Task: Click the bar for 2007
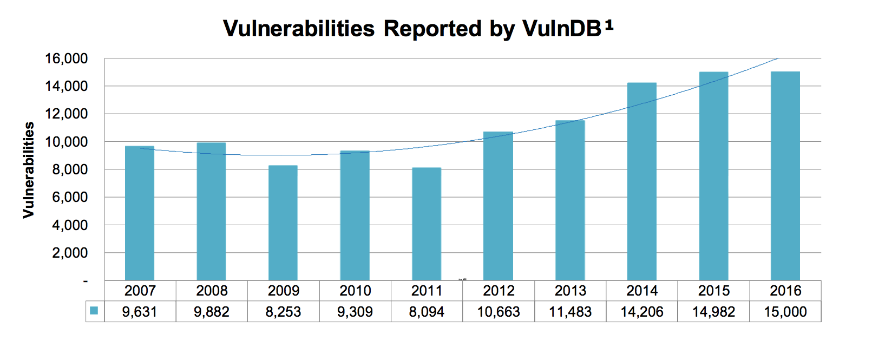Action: (140, 213)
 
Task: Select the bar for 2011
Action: (427, 224)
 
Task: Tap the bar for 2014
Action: (642, 182)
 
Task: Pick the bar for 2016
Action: (785, 176)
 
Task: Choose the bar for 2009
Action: (283, 223)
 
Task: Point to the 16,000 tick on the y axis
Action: (66, 58)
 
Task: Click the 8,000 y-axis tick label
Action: (70, 169)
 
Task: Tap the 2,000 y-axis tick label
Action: (70, 253)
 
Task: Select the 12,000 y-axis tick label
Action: (66, 114)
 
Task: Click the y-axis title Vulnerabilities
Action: (29, 170)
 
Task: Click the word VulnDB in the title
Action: (561, 29)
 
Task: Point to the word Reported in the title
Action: (432, 29)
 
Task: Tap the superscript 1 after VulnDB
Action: (609, 24)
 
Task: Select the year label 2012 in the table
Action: (499, 291)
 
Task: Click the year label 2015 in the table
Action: (714, 291)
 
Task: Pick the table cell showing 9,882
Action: (212, 312)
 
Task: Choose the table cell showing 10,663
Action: (499, 312)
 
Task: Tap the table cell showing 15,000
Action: (785, 312)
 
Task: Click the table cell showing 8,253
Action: (283, 312)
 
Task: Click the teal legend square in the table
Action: (94, 311)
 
